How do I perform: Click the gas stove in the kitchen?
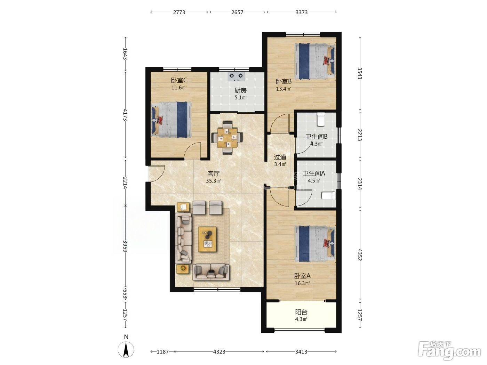(x=236, y=77)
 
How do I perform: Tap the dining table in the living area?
(x=227, y=138)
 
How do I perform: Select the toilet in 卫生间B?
(x=321, y=119)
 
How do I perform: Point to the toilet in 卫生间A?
(x=329, y=196)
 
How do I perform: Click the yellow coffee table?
(x=207, y=239)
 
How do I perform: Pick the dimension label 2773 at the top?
(x=179, y=13)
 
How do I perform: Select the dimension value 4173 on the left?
(x=125, y=115)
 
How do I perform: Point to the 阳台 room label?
(x=301, y=312)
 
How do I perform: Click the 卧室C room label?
(x=179, y=80)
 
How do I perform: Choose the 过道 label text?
(x=280, y=157)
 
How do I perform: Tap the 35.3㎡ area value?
(x=214, y=181)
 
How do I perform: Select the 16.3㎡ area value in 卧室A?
(x=302, y=283)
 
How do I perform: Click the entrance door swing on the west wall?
(x=156, y=174)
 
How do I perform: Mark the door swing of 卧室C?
(x=192, y=151)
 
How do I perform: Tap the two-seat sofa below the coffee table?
(x=211, y=273)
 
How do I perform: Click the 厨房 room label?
(x=240, y=90)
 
